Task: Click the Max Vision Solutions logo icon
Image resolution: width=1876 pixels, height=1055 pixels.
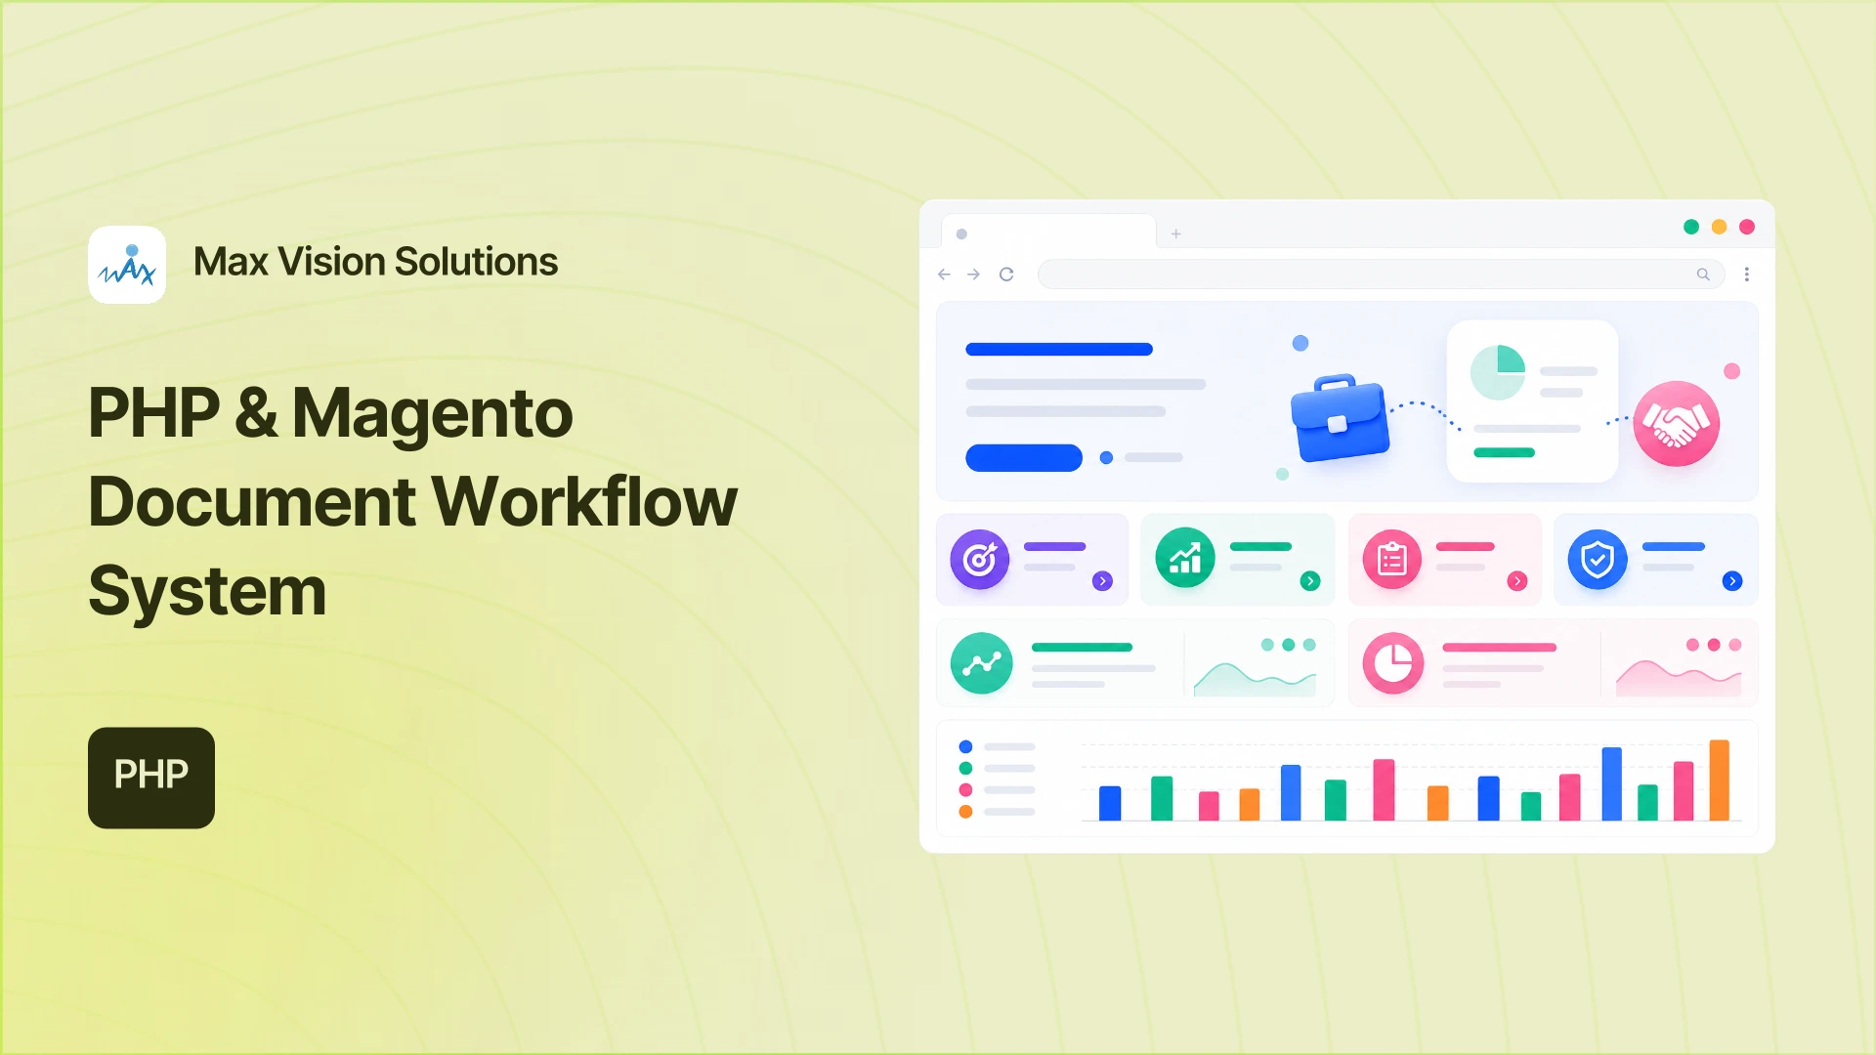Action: (x=127, y=265)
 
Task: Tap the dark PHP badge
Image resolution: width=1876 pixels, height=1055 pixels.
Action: (x=151, y=778)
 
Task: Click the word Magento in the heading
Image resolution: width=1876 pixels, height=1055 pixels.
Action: (x=432, y=413)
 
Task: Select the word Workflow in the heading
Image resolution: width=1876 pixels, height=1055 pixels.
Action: (x=584, y=501)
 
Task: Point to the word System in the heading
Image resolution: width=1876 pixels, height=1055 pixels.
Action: (x=207, y=592)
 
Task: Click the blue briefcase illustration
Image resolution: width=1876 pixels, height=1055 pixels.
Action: (x=1340, y=418)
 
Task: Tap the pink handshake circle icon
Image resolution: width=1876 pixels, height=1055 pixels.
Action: (x=1677, y=423)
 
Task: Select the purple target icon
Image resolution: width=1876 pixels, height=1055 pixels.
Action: (x=980, y=560)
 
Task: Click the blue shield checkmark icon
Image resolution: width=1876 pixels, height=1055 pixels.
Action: (x=1598, y=560)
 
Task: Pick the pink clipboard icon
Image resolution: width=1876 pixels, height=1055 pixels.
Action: (x=1392, y=560)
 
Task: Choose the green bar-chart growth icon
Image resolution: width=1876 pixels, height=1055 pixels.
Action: (x=1185, y=558)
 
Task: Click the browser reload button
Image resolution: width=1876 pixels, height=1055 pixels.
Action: (x=1006, y=274)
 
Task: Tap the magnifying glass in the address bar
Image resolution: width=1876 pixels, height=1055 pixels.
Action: (x=1703, y=274)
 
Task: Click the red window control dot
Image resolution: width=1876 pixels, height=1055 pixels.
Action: (x=1747, y=227)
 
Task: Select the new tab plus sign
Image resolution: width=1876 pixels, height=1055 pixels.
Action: (x=1176, y=233)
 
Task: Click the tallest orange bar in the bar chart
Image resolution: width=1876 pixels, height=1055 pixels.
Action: (x=1719, y=780)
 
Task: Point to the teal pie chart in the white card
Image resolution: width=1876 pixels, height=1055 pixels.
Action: (x=1498, y=372)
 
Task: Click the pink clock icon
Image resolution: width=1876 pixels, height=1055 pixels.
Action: (x=1393, y=663)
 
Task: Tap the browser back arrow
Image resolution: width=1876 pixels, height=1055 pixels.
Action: (x=944, y=274)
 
